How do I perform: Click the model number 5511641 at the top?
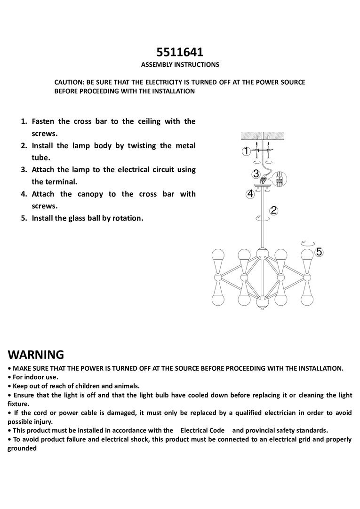(180, 52)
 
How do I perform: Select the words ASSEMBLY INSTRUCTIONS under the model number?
(180, 64)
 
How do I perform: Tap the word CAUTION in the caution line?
(68, 82)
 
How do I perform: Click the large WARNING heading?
(36, 354)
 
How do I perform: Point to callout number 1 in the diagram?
(246, 151)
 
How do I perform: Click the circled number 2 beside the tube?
(273, 210)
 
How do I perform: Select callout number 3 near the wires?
(256, 174)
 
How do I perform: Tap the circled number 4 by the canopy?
(250, 193)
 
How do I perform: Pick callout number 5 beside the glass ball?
(319, 252)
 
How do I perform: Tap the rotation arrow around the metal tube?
(261, 217)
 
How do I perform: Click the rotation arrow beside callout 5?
(308, 243)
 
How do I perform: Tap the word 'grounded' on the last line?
(22, 448)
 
